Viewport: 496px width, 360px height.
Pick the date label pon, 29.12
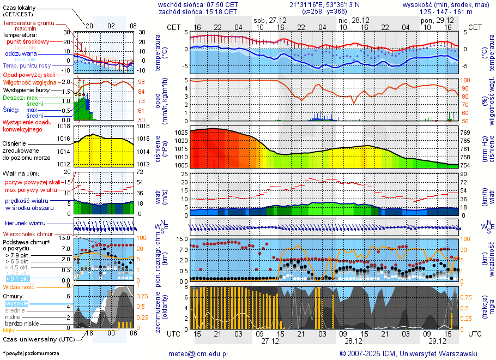pos(434,20)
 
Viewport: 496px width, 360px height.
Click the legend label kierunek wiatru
pos(25,224)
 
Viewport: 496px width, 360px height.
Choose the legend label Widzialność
pos(19,286)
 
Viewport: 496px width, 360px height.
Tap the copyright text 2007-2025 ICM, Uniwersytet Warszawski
pos(412,353)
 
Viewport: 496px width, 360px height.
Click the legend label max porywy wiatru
pos(31,190)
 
